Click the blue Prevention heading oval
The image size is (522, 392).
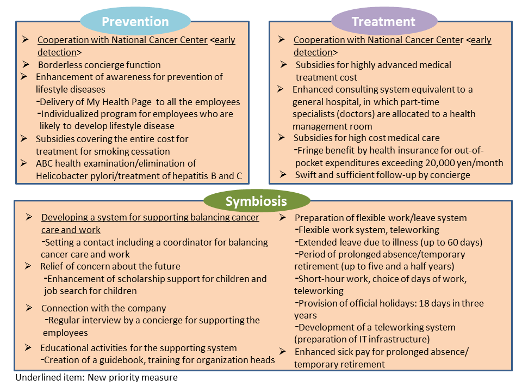(x=135, y=21)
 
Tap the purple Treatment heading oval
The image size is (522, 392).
(x=384, y=21)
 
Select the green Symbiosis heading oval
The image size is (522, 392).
(x=256, y=201)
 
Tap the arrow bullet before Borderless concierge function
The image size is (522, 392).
(x=26, y=64)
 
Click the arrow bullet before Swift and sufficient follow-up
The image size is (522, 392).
(x=283, y=174)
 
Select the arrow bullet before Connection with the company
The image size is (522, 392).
(x=29, y=308)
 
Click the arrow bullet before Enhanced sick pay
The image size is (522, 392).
(x=283, y=351)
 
